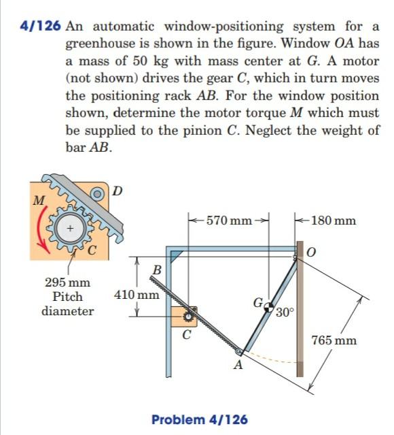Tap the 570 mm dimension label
coord(230,221)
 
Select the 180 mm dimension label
coord(335,221)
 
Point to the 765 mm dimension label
coord(334,340)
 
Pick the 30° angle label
coord(285,313)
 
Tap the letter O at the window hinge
coord(313,254)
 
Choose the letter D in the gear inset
coord(117,190)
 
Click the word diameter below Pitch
coord(68,311)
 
